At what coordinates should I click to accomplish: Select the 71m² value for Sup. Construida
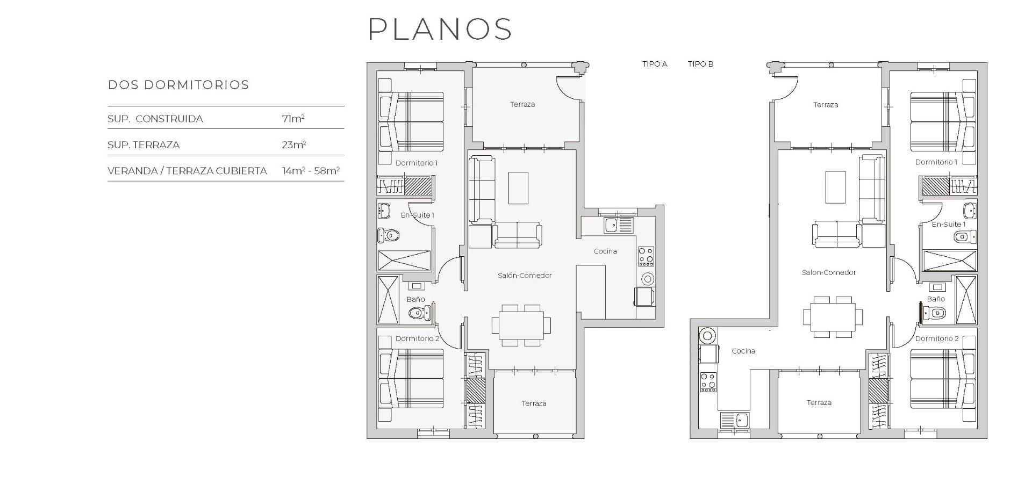293,119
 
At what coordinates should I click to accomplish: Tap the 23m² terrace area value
294,145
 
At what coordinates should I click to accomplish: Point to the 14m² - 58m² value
311,171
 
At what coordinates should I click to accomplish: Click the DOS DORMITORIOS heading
178,85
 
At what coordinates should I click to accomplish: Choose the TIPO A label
655,64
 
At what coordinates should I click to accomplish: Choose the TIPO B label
700,64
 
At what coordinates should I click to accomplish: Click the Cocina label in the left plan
605,251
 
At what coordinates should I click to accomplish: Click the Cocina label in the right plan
743,351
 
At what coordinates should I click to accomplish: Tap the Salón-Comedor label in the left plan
525,276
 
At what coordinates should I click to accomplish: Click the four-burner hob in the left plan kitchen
646,256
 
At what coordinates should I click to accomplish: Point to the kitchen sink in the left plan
612,225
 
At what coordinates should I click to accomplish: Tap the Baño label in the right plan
935,299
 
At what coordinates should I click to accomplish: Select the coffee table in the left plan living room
518,187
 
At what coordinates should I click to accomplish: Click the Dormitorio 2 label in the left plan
417,338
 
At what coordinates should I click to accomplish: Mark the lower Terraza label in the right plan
819,402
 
